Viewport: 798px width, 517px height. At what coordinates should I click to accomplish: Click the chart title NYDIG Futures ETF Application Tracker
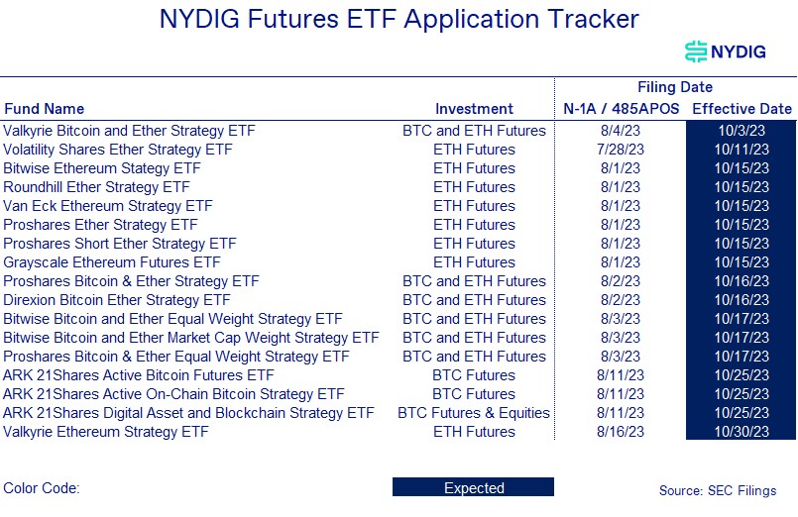click(399, 19)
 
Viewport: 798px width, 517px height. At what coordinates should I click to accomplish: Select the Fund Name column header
click(44, 109)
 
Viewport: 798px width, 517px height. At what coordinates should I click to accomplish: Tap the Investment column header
click(474, 109)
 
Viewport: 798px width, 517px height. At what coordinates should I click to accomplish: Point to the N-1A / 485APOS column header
click(621, 109)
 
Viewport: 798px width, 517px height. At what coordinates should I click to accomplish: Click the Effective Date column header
click(741, 109)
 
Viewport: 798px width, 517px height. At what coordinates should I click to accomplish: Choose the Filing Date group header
click(675, 87)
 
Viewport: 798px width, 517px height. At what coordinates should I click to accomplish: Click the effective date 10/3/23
click(741, 131)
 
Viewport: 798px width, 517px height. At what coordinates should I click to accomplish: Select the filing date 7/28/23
click(620, 150)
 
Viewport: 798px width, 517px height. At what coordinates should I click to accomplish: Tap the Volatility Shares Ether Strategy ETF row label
click(118, 150)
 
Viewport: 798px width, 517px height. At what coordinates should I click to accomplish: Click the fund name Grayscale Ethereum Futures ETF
click(112, 262)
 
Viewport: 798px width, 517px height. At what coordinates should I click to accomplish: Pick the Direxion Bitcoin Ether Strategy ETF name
click(117, 300)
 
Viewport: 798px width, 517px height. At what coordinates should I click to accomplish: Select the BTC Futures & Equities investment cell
click(474, 413)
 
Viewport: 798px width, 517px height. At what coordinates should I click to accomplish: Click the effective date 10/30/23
click(741, 432)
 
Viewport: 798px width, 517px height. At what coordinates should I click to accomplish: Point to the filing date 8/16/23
click(620, 432)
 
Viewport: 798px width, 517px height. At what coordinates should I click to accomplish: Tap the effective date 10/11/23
click(741, 150)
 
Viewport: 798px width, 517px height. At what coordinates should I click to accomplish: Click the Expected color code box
click(473, 488)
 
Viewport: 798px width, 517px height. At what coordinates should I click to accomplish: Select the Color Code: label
click(42, 488)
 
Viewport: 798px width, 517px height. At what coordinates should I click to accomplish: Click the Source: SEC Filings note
click(718, 490)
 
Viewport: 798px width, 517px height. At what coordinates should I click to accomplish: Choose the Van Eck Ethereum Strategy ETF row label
click(108, 206)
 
